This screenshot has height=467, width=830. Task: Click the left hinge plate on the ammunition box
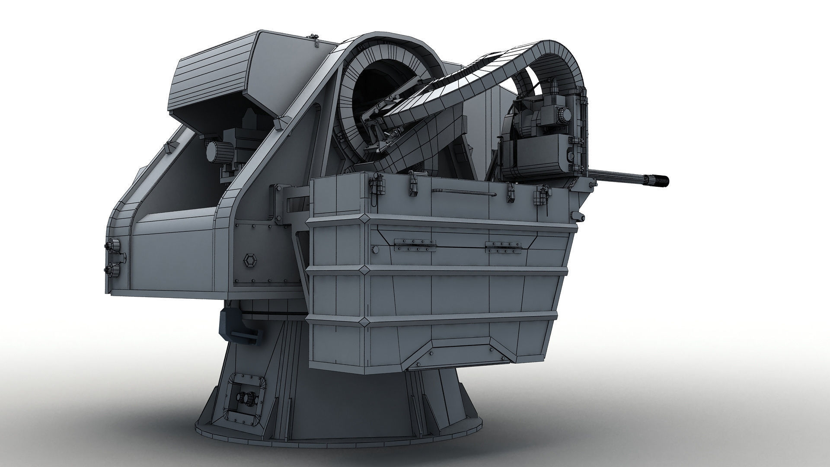point(412,245)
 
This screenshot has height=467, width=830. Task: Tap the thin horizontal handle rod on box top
point(463,192)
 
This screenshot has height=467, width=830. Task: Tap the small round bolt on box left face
point(375,250)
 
